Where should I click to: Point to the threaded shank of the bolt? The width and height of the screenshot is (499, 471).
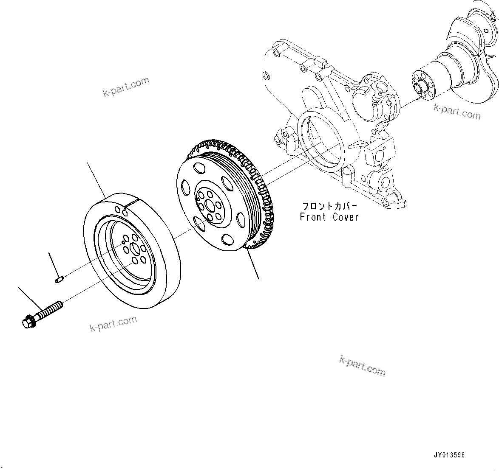(50, 309)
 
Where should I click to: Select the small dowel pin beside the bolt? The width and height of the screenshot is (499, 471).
(59, 279)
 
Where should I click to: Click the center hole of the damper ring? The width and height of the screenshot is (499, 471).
(135, 250)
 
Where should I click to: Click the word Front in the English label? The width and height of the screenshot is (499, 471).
(313, 217)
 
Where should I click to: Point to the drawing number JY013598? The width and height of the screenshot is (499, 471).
(449, 455)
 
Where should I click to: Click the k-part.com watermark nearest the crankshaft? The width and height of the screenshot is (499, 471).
(457, 112)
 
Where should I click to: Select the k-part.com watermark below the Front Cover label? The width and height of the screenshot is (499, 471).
(362, 366)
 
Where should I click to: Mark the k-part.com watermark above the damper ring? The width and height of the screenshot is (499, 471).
(126, 87)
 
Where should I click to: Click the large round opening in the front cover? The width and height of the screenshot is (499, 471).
(321, 143)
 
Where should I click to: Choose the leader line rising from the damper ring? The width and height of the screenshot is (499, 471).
(96, 180)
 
